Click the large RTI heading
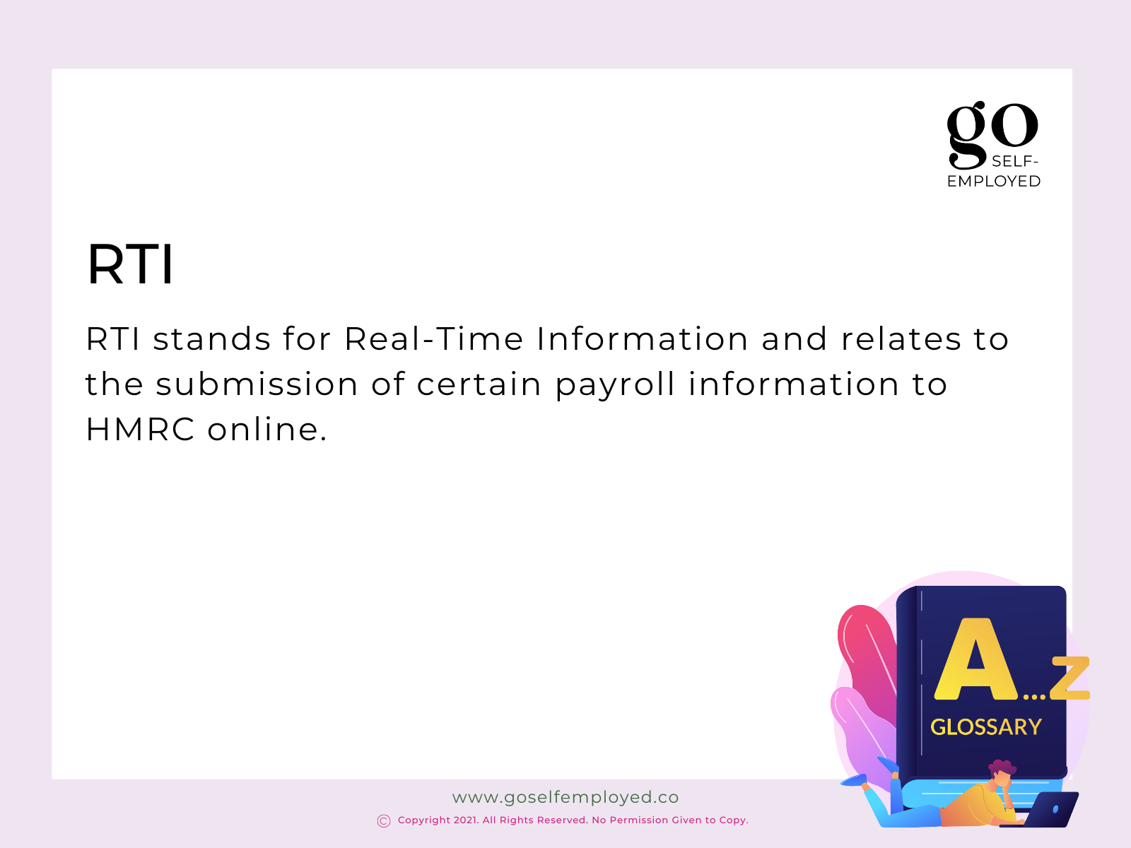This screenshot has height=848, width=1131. click(130, 264)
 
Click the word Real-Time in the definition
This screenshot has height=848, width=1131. click(433, 338)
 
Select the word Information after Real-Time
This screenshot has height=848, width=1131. click(642, 338)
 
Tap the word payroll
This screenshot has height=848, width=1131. click(615, 386)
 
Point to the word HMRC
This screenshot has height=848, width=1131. click(140, 430)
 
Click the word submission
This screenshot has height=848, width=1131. click(257, 384)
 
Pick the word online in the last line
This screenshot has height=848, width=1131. click(267, 429)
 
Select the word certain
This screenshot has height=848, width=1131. click(479, 384)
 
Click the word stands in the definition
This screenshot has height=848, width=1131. click(212, 339)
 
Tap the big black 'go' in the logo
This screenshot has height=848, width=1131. click(992, 134)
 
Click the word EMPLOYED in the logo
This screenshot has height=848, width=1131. click(994, 181)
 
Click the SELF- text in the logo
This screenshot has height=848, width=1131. click(1014, 162)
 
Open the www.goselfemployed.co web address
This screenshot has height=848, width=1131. click(565, 797)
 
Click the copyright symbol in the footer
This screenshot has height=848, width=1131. click(384, 820)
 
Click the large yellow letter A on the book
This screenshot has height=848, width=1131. click(975, 659)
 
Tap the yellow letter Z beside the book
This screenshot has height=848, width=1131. click(1070, 678)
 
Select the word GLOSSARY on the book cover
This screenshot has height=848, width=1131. click(985, 727)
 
